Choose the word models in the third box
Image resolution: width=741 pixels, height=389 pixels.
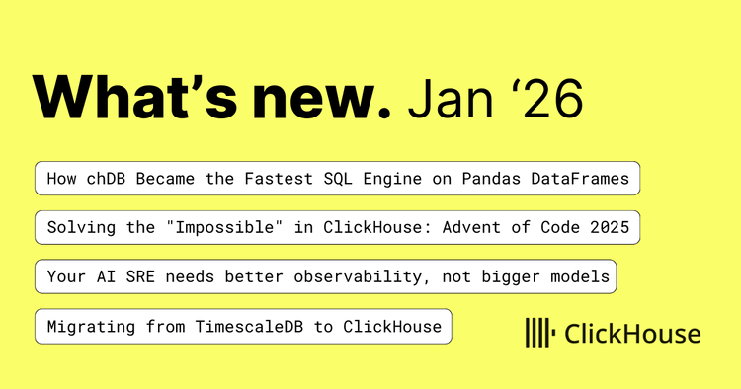(584, 277)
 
